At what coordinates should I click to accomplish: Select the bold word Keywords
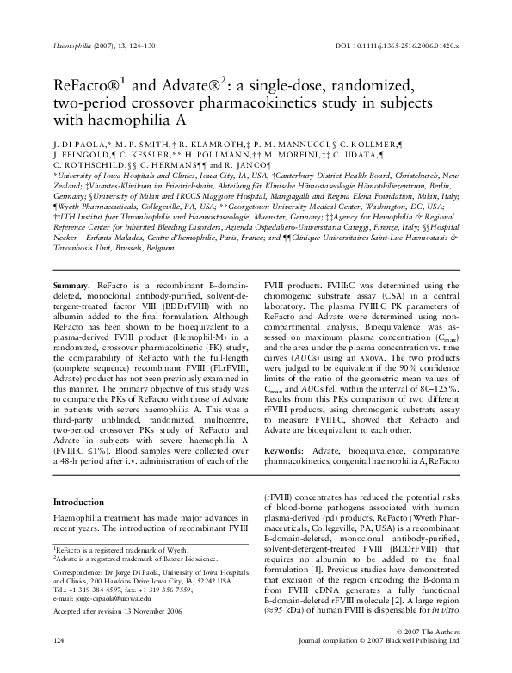tap(284, 451)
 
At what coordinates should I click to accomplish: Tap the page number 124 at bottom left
tap(59, 665)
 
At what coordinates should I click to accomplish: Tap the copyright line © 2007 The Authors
tap(429, 656)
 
